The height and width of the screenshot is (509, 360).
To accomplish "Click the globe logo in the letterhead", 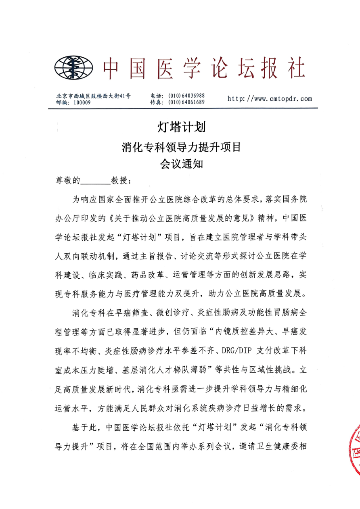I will click(73, 68).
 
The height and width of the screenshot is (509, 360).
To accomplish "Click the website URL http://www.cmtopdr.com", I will click(270, 98).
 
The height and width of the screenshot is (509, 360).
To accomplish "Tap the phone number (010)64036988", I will click(186, 96).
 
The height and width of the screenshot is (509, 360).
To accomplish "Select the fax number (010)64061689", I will click(186, 102).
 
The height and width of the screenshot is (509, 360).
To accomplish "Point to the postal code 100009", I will click(82, 102).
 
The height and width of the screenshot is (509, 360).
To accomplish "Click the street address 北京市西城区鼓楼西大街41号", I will click(93, 96).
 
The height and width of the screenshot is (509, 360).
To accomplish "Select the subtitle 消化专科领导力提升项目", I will click(181, 147).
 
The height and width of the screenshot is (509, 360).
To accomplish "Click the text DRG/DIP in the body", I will click(238, 349).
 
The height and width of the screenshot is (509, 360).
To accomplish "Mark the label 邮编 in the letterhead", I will click(63, 102).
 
